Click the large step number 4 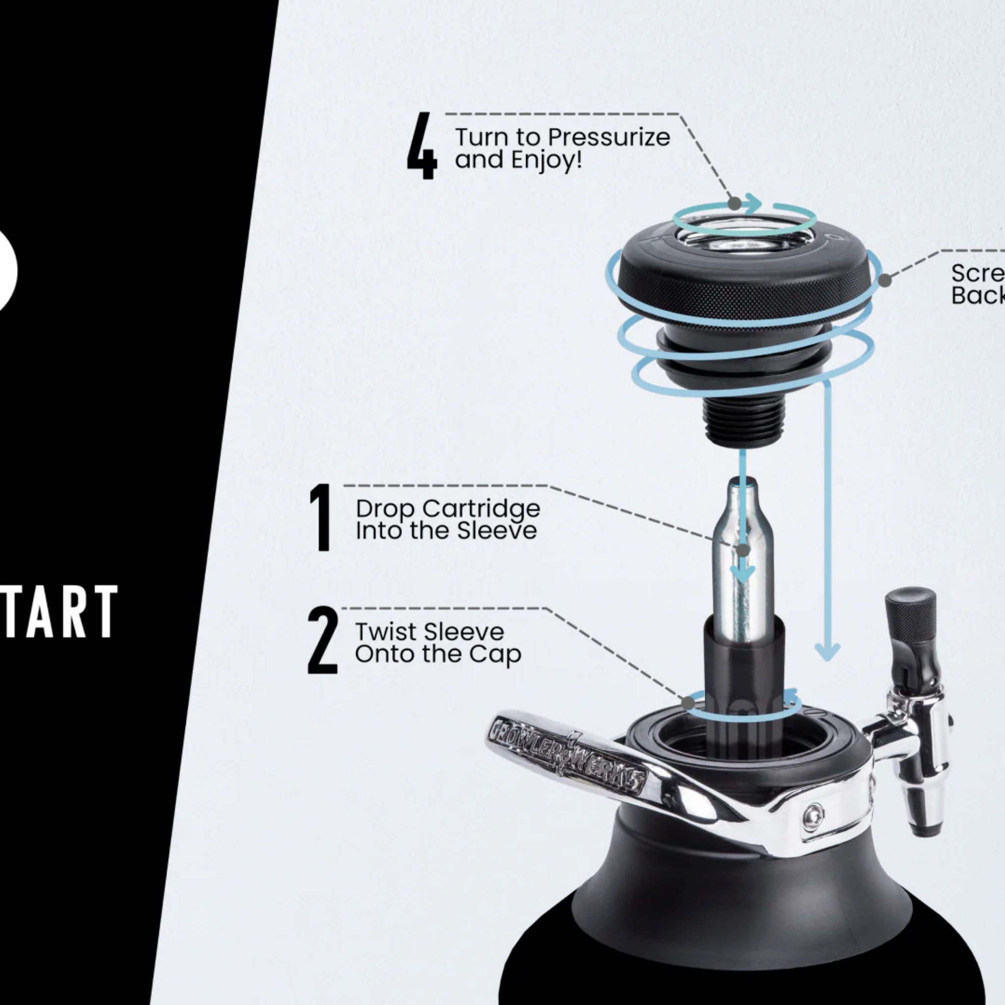[x=422, y=146]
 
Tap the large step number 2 [x=322, y=640]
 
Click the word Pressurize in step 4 [x=608, y=138]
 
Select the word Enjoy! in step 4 [x=547, y=159]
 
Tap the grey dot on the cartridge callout [x=744, y=549]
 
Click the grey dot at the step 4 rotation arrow [x=734, y=203]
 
